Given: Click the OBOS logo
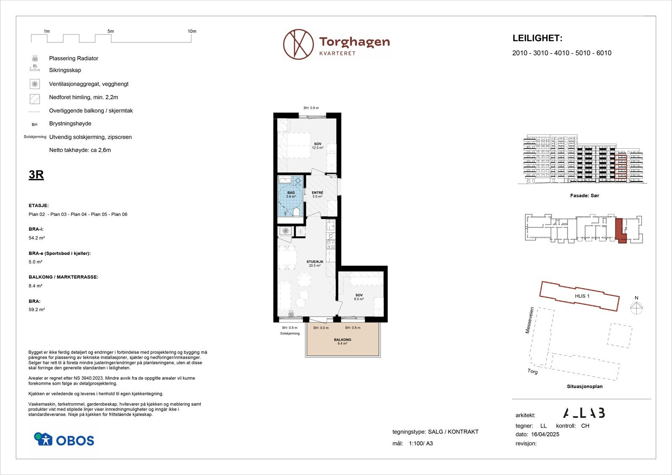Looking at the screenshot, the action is [x=64, y=439].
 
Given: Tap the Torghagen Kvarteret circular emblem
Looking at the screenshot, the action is [x=298, y=44].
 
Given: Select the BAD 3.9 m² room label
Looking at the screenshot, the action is [x=291, y=194].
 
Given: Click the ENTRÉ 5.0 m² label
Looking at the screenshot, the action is [x=318, y=194].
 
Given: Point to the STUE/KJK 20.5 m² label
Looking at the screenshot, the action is [x=315, y=263].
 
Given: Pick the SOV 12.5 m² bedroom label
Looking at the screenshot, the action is [x=318, y=146].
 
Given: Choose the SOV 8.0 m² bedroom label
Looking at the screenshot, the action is [x=359, y=297].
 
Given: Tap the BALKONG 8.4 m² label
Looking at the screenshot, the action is [x=342, y=341].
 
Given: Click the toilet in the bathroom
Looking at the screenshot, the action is [x=296, y=212].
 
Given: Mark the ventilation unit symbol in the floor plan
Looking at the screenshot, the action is [x=285, y=231].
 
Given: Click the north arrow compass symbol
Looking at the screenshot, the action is [x=636, y=308].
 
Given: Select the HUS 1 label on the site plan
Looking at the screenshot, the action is [x=582, y=296].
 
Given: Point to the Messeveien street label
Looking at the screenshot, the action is [x=530, y=320].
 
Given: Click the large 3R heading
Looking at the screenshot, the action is [x=36, y=174].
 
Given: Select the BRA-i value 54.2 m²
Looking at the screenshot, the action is [x=37, y=238].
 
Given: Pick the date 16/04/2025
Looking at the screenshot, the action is [x=545, y=434].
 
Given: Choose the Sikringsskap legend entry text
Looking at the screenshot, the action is [x=65, y=70].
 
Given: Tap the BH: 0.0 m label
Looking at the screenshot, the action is [x=321, y=328].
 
